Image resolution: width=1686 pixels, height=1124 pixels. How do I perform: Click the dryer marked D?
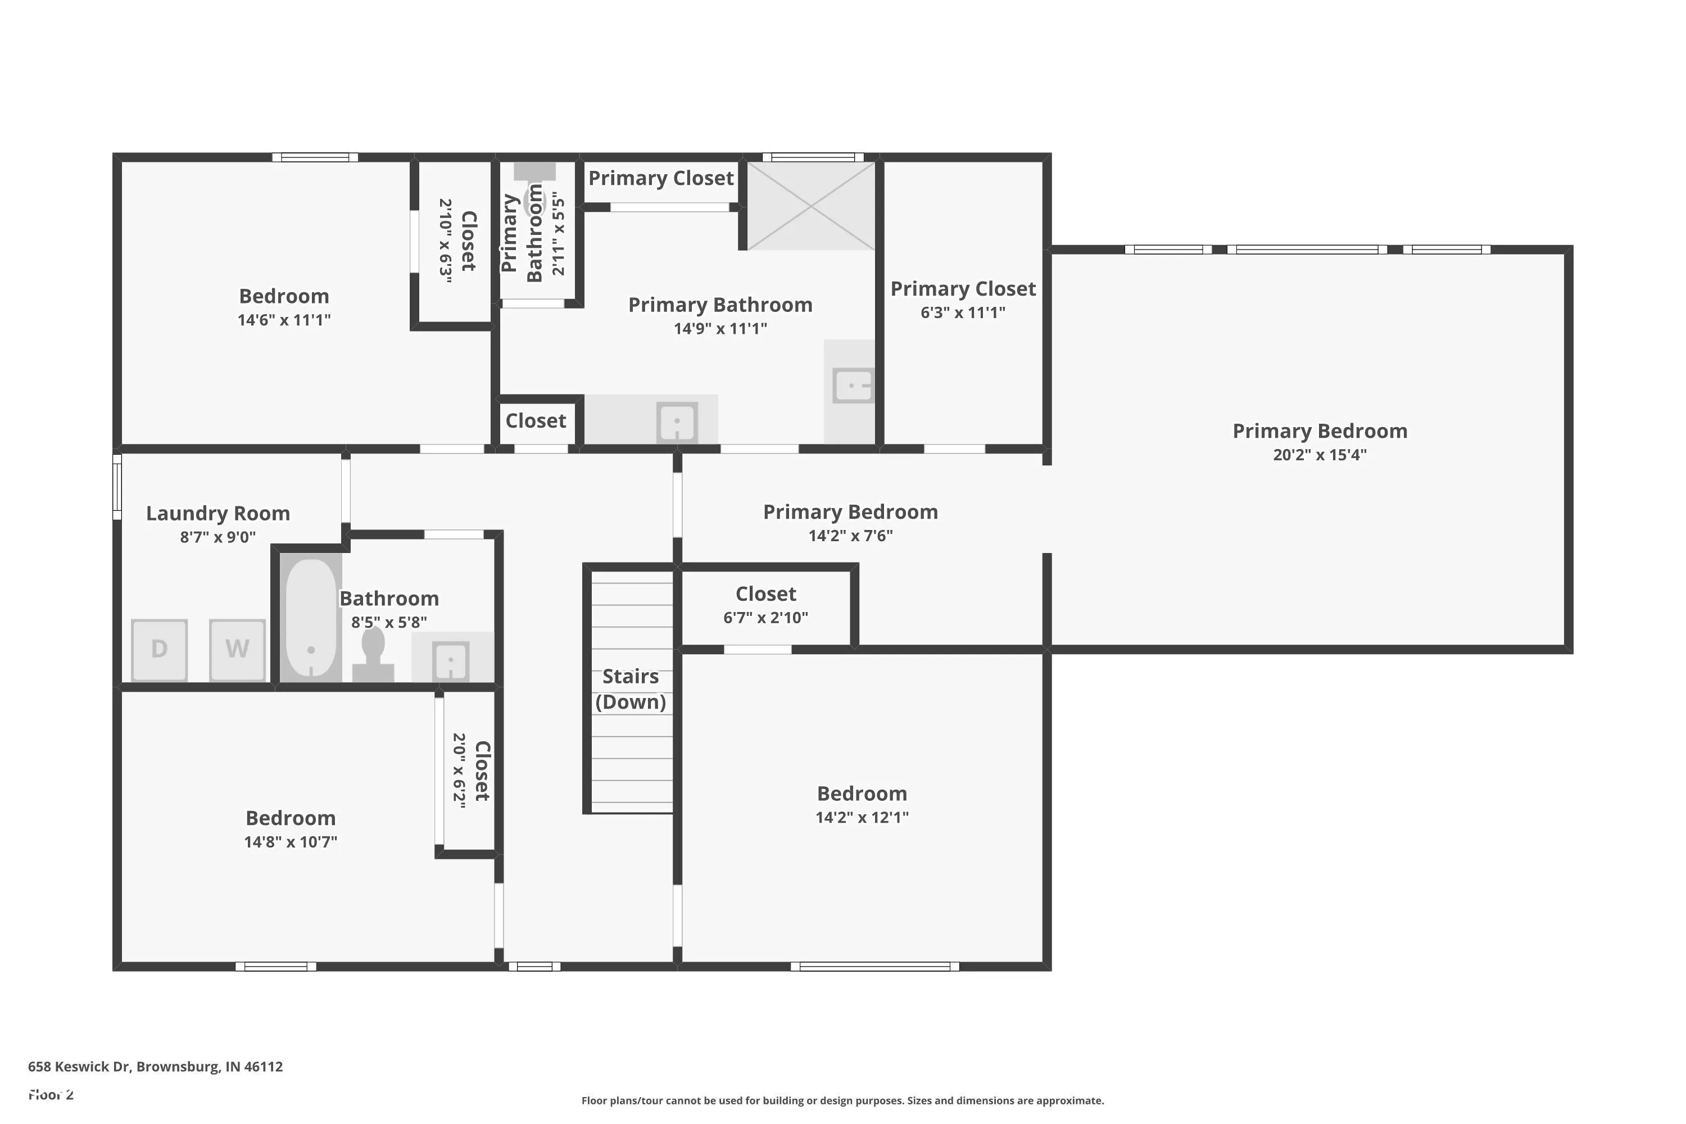coord(159,650)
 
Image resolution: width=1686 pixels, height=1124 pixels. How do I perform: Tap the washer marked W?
coord(237,650)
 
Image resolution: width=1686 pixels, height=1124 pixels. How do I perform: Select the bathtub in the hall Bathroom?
coord(310,617)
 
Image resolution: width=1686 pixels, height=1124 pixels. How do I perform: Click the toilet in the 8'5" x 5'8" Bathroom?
coord(373,655)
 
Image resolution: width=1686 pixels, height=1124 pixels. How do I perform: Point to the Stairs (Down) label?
coord(631,689)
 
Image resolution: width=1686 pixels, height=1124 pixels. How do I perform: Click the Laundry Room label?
coord(218,513)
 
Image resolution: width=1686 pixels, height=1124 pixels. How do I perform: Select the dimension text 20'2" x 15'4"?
coord(1320,455)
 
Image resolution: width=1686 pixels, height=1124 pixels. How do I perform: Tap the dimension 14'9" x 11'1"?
coord(720,328)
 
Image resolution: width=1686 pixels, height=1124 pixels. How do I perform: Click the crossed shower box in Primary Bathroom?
coord(811,206)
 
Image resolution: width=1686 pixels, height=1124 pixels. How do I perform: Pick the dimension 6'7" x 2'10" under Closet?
coord(765,617)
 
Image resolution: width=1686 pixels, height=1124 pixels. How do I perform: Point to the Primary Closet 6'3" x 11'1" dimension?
coord(963,312)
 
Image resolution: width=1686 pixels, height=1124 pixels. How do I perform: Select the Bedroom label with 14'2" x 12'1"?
coord(862,794)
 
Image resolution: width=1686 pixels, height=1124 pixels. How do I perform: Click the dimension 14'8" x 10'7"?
coord(291,841)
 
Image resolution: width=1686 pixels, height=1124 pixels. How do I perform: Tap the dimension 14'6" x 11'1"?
coord(284,320)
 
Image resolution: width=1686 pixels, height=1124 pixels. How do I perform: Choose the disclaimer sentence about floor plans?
coord(842,1100)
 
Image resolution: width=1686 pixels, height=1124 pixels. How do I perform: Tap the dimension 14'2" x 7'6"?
coord(850,536)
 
